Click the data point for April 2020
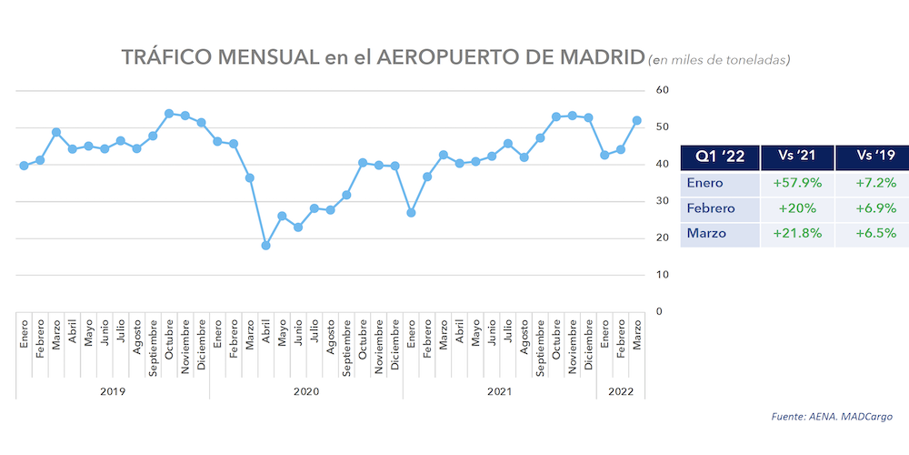click(265, 246)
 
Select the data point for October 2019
click(169, 114)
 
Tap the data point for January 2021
click(411, 213)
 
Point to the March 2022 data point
click(637, 120)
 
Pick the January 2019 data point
click(24, 166)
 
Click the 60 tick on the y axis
click(663, 90)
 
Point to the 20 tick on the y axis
click(663, 238)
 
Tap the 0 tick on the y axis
click(659, 311)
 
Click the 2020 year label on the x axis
click(305, 390)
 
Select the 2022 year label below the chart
click(621, 390)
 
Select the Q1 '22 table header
click(721, 157)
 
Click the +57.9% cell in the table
click(797, 183)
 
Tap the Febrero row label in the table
click(711, 208)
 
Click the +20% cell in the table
click(797, 208)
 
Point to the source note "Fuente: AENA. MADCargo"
click(832, 417)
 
